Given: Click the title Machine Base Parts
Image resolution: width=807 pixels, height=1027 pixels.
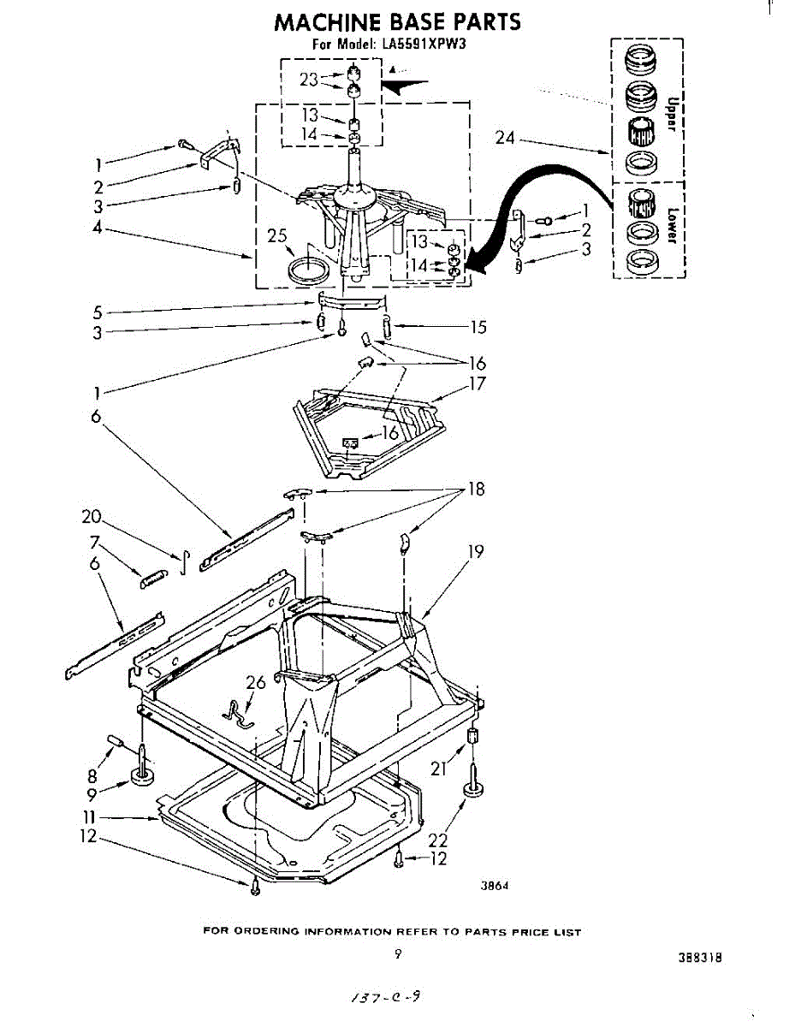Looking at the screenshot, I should [x=397, y=22].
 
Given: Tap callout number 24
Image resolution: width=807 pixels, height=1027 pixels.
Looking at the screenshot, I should [x=505, y=137].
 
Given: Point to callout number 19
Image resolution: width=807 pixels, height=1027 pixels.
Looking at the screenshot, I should [x=475, y=552].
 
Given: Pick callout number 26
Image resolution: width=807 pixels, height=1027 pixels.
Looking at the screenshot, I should [x=256, y=683].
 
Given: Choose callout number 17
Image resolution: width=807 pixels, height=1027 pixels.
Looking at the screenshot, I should [x=477, y=383].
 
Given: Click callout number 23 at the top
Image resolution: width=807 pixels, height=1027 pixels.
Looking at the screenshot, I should [x=309, y=80].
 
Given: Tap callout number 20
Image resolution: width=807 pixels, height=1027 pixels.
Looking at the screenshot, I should [x=92, y=517].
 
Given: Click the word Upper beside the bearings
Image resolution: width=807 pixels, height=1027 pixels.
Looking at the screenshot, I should [x=671, y=113].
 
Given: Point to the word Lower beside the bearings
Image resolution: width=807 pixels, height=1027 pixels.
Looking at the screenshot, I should [x=672, y=225].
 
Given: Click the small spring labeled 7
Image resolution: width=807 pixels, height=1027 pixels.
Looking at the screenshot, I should [x=151, y=579].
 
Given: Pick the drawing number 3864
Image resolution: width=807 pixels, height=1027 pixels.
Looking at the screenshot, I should [x=495, y=887].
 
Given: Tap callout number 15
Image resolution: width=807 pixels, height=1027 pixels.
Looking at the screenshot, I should [x=478, y=326].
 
